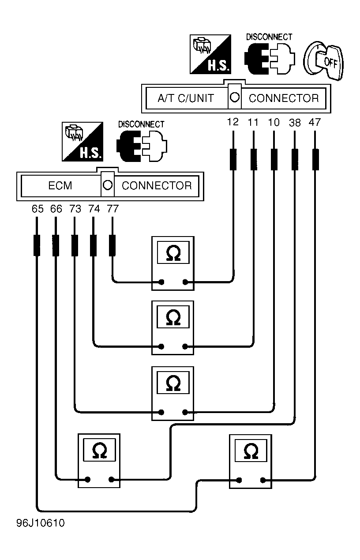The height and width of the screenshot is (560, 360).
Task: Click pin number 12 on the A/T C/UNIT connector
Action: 233,122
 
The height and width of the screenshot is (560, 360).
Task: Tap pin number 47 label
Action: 314,122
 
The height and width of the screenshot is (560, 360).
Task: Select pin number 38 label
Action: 295,123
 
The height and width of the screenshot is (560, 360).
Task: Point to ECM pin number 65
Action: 37,209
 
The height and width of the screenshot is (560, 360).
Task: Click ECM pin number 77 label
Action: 113,209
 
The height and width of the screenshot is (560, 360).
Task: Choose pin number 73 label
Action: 75,209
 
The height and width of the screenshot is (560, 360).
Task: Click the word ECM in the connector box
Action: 60,186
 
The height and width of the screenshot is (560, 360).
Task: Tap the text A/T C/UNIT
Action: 186,98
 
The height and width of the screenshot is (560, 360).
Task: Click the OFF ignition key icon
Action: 323,61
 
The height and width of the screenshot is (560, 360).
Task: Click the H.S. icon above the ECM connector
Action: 82,142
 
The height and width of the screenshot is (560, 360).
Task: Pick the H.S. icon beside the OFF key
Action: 210,54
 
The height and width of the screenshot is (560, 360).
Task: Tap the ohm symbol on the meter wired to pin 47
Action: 251,451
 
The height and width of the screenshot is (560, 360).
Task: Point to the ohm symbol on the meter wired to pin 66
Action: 100,451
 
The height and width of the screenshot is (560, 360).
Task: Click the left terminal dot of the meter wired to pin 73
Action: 161,412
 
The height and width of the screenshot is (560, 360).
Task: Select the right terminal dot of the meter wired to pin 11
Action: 185,346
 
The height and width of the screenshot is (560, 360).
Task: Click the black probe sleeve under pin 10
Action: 274,159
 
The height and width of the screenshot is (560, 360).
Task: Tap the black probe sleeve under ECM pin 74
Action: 93,245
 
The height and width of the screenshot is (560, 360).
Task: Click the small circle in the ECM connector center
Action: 108,185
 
